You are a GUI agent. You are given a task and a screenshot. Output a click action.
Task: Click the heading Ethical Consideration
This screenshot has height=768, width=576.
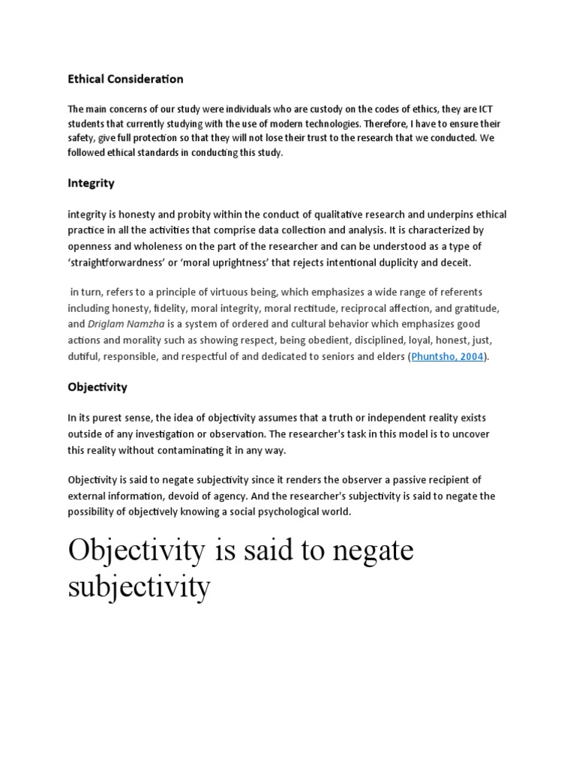125,79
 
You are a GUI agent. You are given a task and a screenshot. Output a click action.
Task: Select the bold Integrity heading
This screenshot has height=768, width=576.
91,183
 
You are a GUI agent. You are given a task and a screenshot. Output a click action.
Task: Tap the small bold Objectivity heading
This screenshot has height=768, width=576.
97,387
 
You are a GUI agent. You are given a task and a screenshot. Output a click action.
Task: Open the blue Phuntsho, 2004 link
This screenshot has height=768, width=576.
448,357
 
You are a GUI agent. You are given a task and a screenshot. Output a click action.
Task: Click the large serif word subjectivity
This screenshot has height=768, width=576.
139,586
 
